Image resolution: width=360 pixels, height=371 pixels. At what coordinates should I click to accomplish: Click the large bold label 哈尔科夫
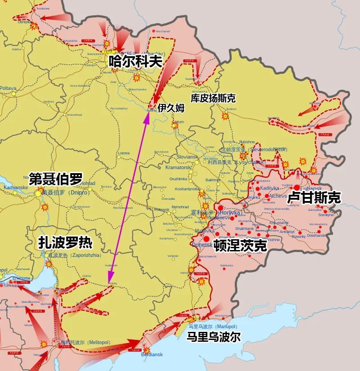pos(135,62)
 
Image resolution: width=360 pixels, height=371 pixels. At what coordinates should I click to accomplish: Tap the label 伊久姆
pos(171,108)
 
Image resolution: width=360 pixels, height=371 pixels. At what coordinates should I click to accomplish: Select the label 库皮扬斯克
pos(213,98)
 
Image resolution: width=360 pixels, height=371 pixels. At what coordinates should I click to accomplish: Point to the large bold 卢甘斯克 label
pos(314,197)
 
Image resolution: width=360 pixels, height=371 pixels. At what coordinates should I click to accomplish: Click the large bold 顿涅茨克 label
pos(241,246)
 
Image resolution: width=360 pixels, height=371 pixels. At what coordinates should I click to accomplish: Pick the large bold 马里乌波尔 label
pos(214,337)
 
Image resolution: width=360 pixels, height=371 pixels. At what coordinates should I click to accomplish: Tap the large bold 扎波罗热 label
pos(65,243)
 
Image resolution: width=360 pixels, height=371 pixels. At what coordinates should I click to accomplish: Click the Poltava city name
pos(8,89)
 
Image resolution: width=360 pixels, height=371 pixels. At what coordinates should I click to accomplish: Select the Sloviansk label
pos(187,156)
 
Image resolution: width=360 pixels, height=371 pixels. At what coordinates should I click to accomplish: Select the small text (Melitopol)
pos(98,343)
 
